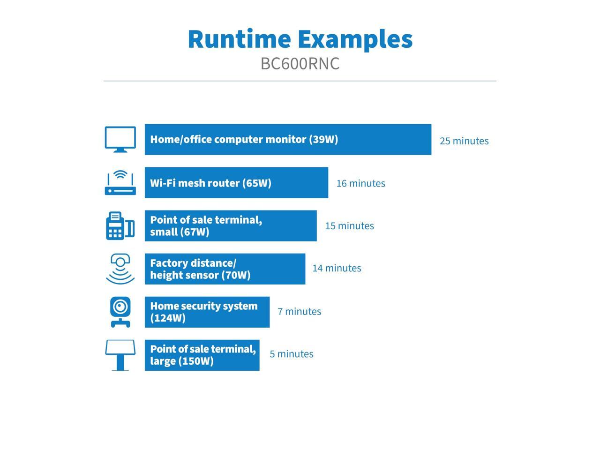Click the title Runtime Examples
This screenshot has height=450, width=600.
[300, 39]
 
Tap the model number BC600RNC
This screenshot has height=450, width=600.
[300, 64]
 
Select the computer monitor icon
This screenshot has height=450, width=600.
[120, 139]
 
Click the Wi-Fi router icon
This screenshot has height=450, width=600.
[120, 183]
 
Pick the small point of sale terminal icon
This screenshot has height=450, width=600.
[120, 226]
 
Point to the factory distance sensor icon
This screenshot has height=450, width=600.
[120, 269]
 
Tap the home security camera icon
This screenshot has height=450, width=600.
[120, 312]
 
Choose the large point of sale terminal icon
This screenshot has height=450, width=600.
[120, 355]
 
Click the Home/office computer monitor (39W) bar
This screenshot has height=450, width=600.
[288, 139]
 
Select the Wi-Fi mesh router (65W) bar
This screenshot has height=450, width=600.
[236, 183]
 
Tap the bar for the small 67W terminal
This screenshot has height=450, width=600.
[231, 226]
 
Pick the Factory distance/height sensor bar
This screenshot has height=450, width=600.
[225, 269]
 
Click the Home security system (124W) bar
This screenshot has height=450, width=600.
[207, 312]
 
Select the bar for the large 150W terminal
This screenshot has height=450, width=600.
[202, 355]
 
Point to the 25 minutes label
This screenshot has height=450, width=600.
[464, 141]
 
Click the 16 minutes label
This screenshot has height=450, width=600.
[361, 183]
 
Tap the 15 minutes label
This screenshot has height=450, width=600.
[350, 226]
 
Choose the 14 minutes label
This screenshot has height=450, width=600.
[337, 268]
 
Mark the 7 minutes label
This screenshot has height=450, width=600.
[300, 311]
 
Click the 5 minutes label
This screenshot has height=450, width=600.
[292, 354]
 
